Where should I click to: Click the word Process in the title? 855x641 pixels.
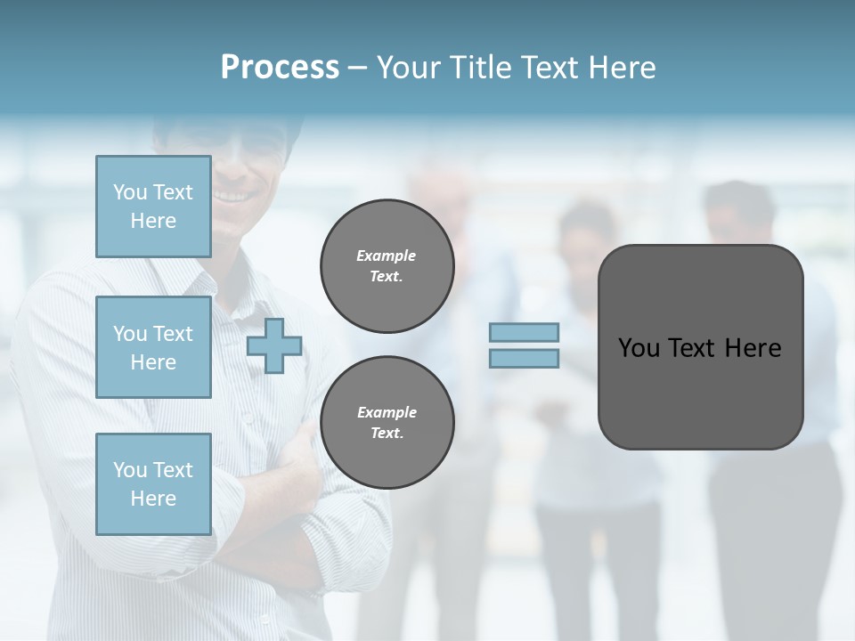coord(280,68)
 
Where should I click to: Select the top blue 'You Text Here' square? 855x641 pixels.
coord(153,207)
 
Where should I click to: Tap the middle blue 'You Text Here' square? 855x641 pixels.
coord(153,347)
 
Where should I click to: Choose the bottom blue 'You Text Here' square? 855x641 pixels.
coord(153,483)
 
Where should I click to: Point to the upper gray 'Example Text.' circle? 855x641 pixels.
coord(387,266)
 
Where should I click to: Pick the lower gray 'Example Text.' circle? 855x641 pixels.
coord(387,423)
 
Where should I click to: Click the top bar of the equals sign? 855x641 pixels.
coord(524,333)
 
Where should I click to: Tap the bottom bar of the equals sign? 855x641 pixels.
coord(524,359)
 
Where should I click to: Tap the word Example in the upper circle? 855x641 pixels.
coord(387,256)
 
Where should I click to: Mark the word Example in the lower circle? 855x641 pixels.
coord(387,412)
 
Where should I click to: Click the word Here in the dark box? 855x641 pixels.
coord(753,348)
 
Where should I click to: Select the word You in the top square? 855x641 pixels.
coord(130,192)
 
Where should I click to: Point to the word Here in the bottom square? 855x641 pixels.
coord(153,499)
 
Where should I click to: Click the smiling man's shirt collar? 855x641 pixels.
coord(223,267)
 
